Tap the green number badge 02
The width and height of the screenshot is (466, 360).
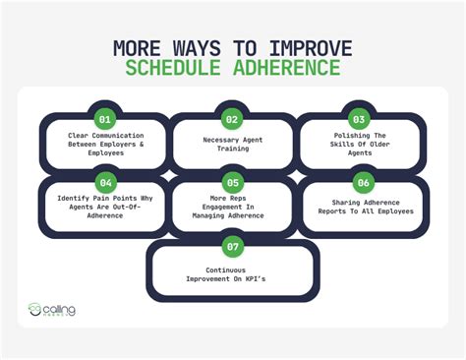click(x=232, y=119)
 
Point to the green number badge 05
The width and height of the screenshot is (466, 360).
click(x=232, y=181)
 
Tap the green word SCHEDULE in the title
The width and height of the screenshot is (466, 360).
click(x=185, y=69)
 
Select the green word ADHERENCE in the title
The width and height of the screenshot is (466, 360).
click(x=291, y=69)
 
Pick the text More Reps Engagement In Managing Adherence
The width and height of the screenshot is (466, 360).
click(x=232, y=208)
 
